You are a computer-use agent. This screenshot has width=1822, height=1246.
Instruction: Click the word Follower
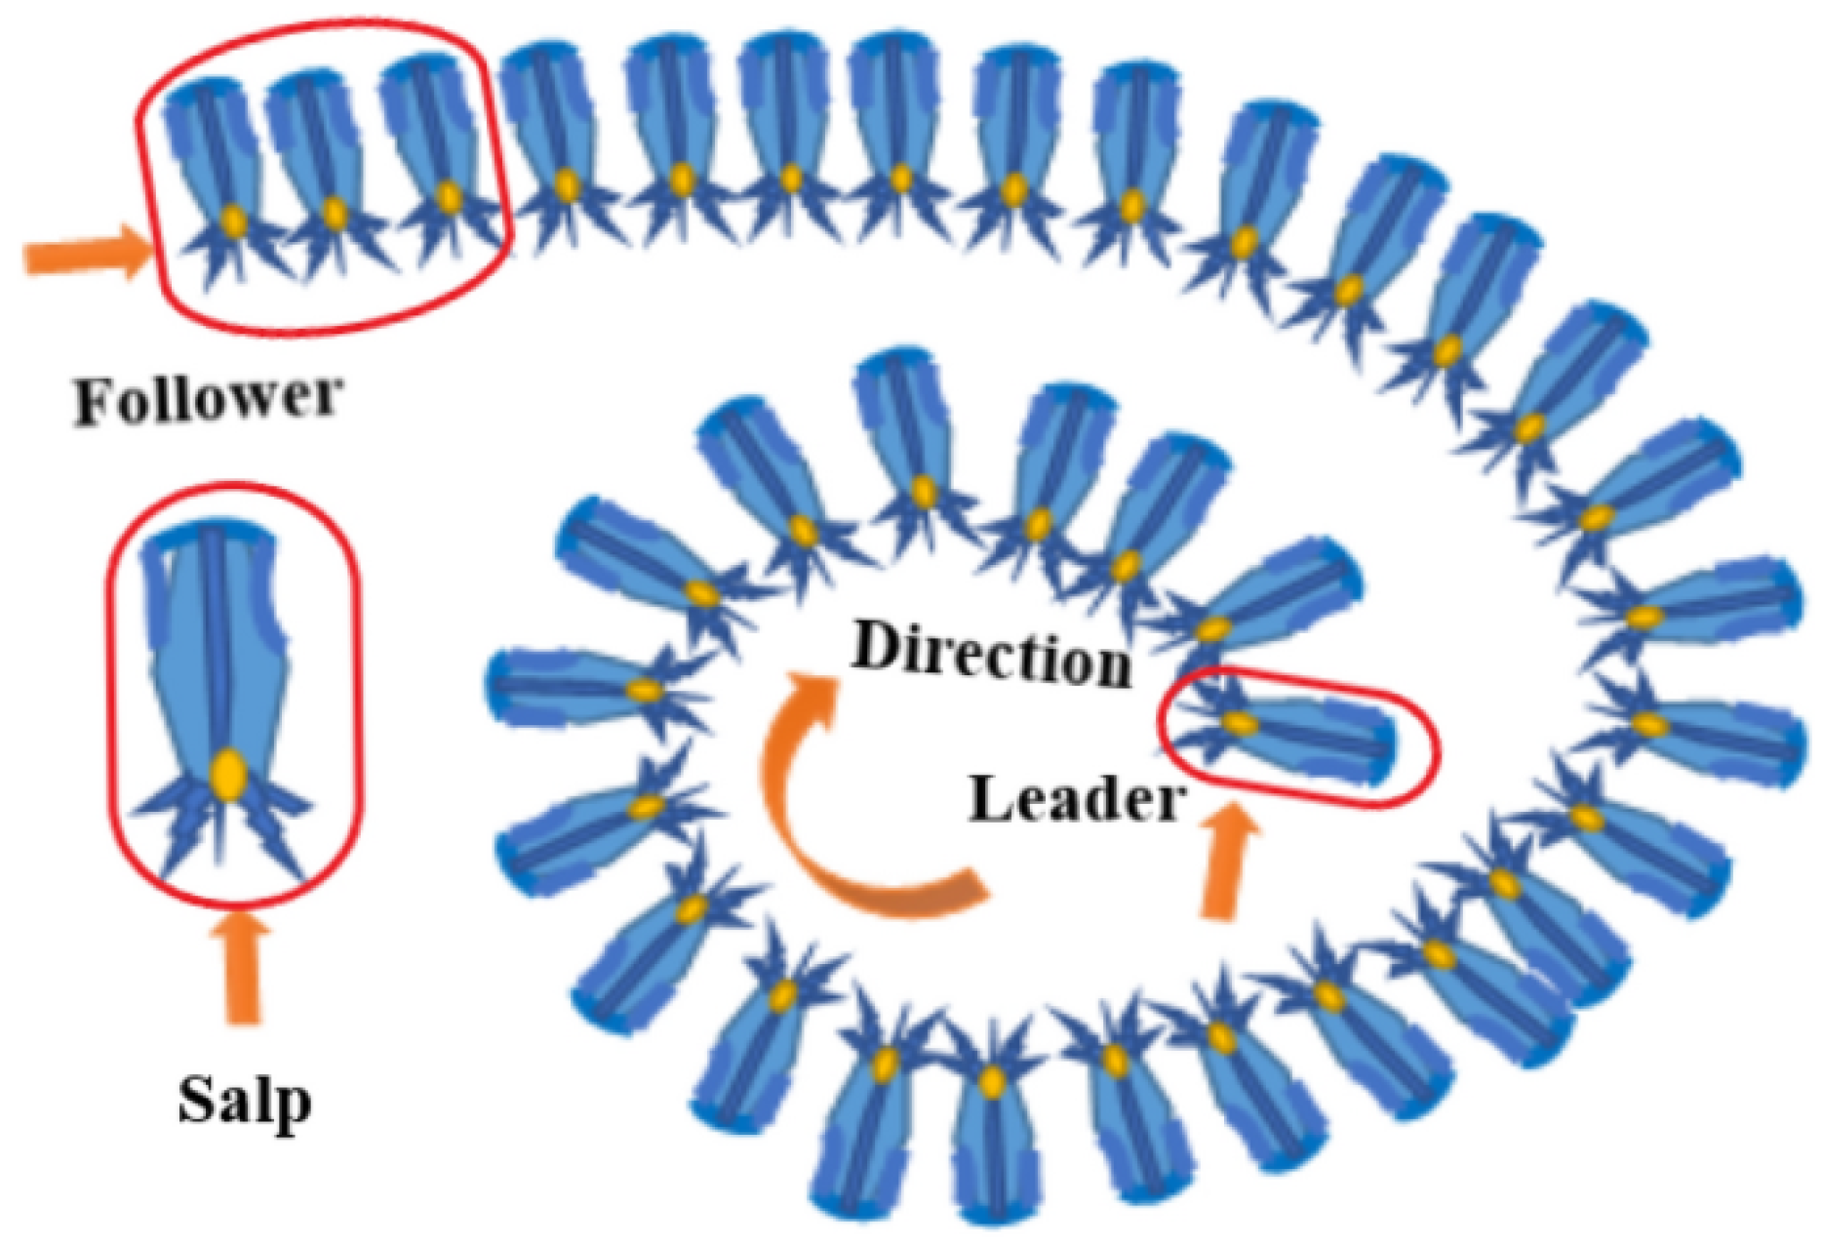click(208, 399)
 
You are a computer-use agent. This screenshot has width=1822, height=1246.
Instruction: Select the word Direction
click(991, 654)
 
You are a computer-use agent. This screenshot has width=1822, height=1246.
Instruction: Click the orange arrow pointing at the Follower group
click(88, 253)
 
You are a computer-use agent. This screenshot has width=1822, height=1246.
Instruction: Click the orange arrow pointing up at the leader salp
click(1223, 859)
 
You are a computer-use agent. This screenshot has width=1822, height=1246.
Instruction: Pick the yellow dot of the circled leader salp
click(1241, 723)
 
